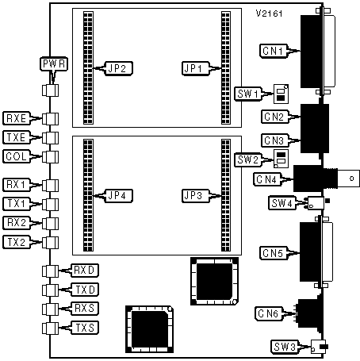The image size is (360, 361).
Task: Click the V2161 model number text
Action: tap(269, 13)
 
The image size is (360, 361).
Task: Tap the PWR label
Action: tap(54, 64)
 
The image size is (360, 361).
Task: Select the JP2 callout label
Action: tap(118, 69)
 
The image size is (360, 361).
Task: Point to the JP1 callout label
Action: tap(196, 69)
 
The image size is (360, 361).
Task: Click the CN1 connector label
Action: tap(274, 51)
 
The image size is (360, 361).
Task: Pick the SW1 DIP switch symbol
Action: tap(281, 94)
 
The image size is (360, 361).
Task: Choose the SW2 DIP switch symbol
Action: tap(281, 159)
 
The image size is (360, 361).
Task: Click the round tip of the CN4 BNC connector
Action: tap(351, 179)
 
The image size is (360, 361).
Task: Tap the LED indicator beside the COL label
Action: tap(50, 157)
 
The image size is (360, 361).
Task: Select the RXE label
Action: tap(17, 118)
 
